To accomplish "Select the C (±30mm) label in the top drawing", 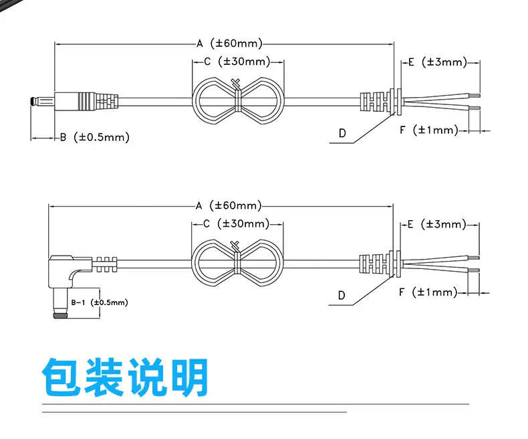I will (237, 62).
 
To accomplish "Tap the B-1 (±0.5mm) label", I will (99, 302).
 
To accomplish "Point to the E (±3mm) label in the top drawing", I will (436, 62).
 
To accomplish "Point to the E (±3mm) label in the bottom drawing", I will (436, 224).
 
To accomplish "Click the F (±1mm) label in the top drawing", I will (429, 130).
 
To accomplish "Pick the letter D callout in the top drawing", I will (342, 133).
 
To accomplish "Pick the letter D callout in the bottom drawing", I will (342, 295).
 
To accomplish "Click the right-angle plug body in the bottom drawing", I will (67, 266).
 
